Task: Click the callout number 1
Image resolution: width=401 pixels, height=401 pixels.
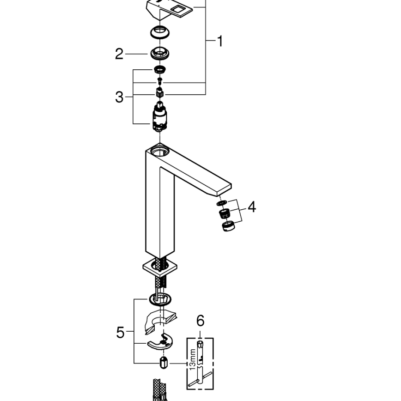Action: (x=220, y=42)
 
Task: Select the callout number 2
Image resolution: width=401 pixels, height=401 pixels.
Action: (x=119, y=54)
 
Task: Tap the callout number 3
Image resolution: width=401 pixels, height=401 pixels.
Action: (x=119, y=97)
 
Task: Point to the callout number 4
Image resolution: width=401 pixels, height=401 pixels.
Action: (x=251, y=207)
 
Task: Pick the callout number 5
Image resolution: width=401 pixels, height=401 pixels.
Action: (x=121, y=332)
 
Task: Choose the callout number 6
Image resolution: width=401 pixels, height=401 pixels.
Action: (x=200, y=321)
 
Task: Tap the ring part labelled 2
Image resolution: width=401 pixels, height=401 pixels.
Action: (x=159, y=53)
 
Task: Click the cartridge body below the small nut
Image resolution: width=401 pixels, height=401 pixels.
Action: (x=159, y=117)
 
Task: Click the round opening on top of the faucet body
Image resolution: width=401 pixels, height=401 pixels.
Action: (x=159, y=150)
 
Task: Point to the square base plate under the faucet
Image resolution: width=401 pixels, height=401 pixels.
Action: (x=159, y=267)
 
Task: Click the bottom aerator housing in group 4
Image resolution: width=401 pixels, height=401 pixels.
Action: (x=227, y=226)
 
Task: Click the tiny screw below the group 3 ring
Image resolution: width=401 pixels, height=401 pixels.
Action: (x=159, y=82)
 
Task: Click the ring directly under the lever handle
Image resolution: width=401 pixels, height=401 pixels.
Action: (x=159, y=33)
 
